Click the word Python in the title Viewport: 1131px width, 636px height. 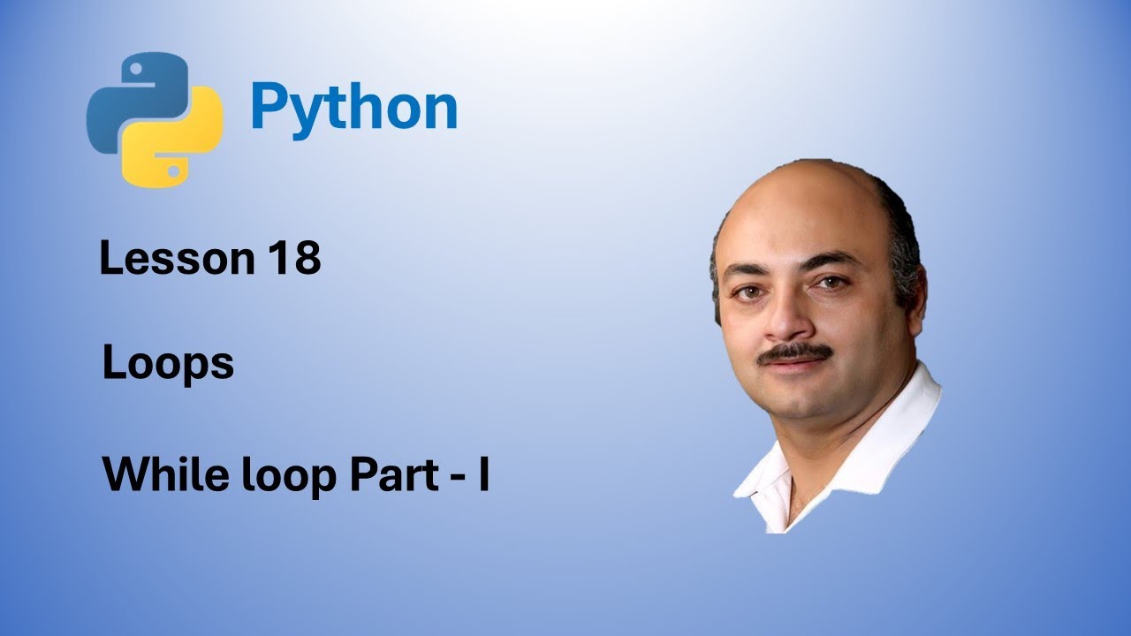[353, 108]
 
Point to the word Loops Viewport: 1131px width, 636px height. [168, 364]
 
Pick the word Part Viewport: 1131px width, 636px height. [394, 475]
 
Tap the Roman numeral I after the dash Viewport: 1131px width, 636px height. [483, 475]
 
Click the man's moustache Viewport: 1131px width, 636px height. [794, 352]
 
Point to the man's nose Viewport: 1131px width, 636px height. [786, 323]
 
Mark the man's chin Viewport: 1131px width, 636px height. [800, 402]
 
